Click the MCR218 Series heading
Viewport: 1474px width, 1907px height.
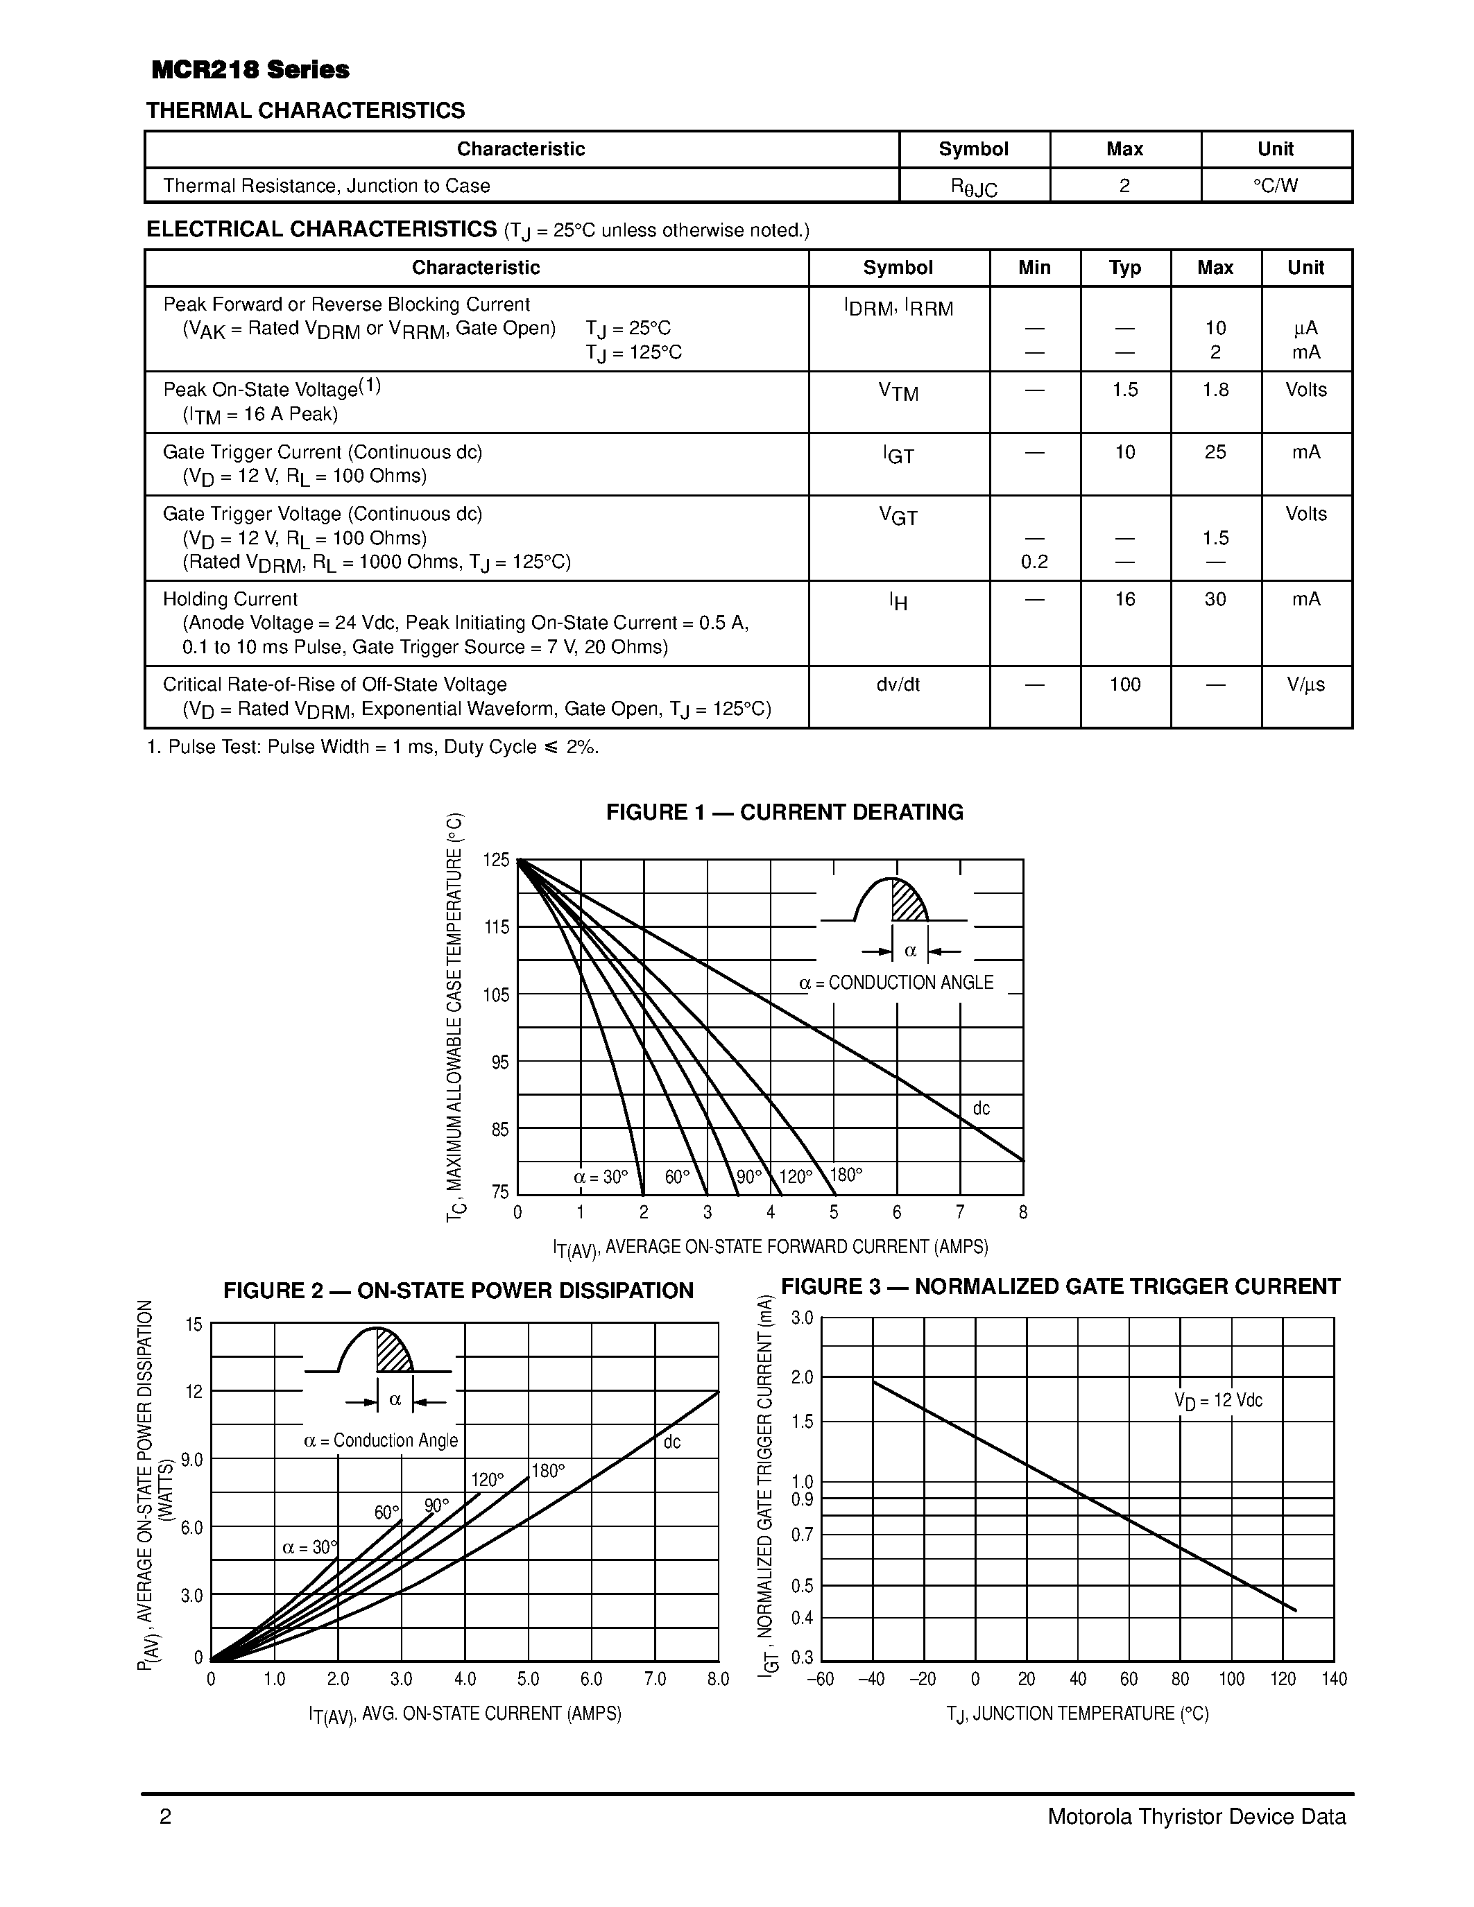coord(250,70)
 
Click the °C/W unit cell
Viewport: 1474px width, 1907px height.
coord(1275,185)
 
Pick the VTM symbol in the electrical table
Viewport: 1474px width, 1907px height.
coord(898,392)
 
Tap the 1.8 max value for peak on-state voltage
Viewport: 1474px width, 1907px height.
coord(1215,390)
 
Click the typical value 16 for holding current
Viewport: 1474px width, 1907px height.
coord(1124,599)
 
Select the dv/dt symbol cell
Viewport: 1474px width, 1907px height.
coord(898,684)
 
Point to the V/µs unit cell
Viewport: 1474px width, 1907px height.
coord(1305,684)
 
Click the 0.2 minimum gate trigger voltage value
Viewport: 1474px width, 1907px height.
coord(1034,562)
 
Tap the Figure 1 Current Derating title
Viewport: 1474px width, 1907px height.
coord(784,812)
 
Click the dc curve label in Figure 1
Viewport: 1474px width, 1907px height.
coord(982,1108)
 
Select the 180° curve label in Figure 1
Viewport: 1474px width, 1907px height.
coord(846,1175)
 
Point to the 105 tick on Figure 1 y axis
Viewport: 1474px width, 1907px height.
coord(496,994)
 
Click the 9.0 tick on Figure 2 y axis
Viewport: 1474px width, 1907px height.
coord(192,1459)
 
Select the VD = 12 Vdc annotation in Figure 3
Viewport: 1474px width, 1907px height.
coord(1217,1401)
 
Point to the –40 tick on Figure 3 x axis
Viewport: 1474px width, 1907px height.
coord(871,1679)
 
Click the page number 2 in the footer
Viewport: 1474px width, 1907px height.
coord(166,1817)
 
